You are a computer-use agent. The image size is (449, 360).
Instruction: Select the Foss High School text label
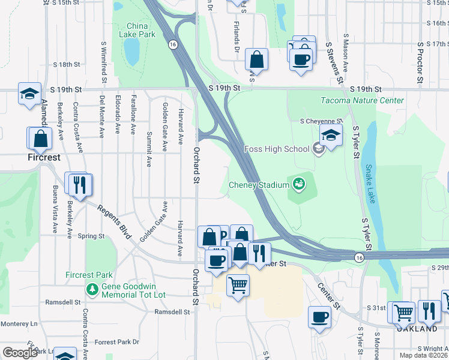(277, 149)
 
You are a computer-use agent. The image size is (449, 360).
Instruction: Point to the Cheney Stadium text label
(258, 185)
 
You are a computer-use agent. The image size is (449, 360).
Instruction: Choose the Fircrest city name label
(44, 158)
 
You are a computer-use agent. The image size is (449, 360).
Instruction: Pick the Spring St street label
(91, 236)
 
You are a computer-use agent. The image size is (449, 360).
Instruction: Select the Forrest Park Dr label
(116, 342)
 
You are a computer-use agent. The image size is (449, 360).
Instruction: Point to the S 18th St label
(67, 64)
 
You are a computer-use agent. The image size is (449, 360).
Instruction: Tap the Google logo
(20, 353)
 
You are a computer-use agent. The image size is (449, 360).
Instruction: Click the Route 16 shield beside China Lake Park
(173, 44)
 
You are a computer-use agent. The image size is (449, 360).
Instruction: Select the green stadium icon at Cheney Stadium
(298, 184)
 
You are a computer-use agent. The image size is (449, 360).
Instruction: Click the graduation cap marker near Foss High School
(330, 134)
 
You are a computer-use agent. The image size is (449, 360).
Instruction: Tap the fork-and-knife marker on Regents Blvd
(80, 185)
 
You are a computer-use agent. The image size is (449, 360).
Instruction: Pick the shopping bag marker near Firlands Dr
(256, 59)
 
